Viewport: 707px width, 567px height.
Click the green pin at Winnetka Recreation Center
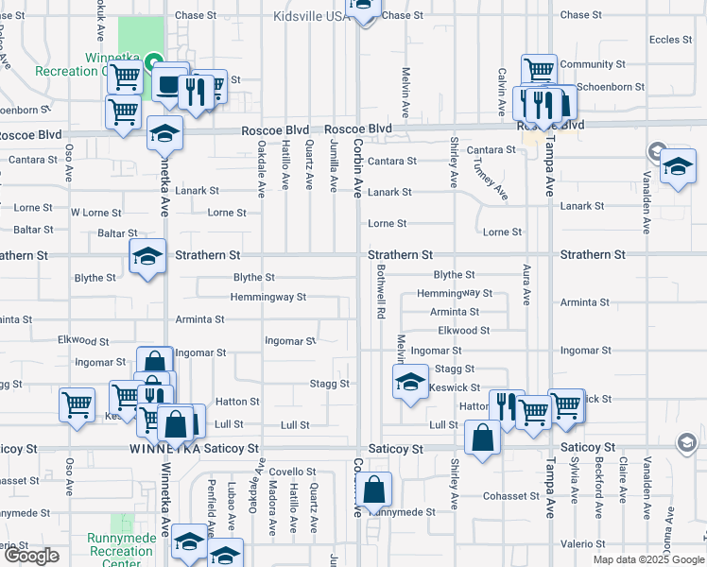154,62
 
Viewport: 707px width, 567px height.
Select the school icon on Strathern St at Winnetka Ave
148,257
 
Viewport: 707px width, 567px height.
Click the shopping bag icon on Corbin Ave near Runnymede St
375,490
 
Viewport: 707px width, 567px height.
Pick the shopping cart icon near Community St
538,69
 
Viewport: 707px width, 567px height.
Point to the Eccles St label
671,40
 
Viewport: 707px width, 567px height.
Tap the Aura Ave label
526,284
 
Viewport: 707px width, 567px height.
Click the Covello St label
291,472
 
